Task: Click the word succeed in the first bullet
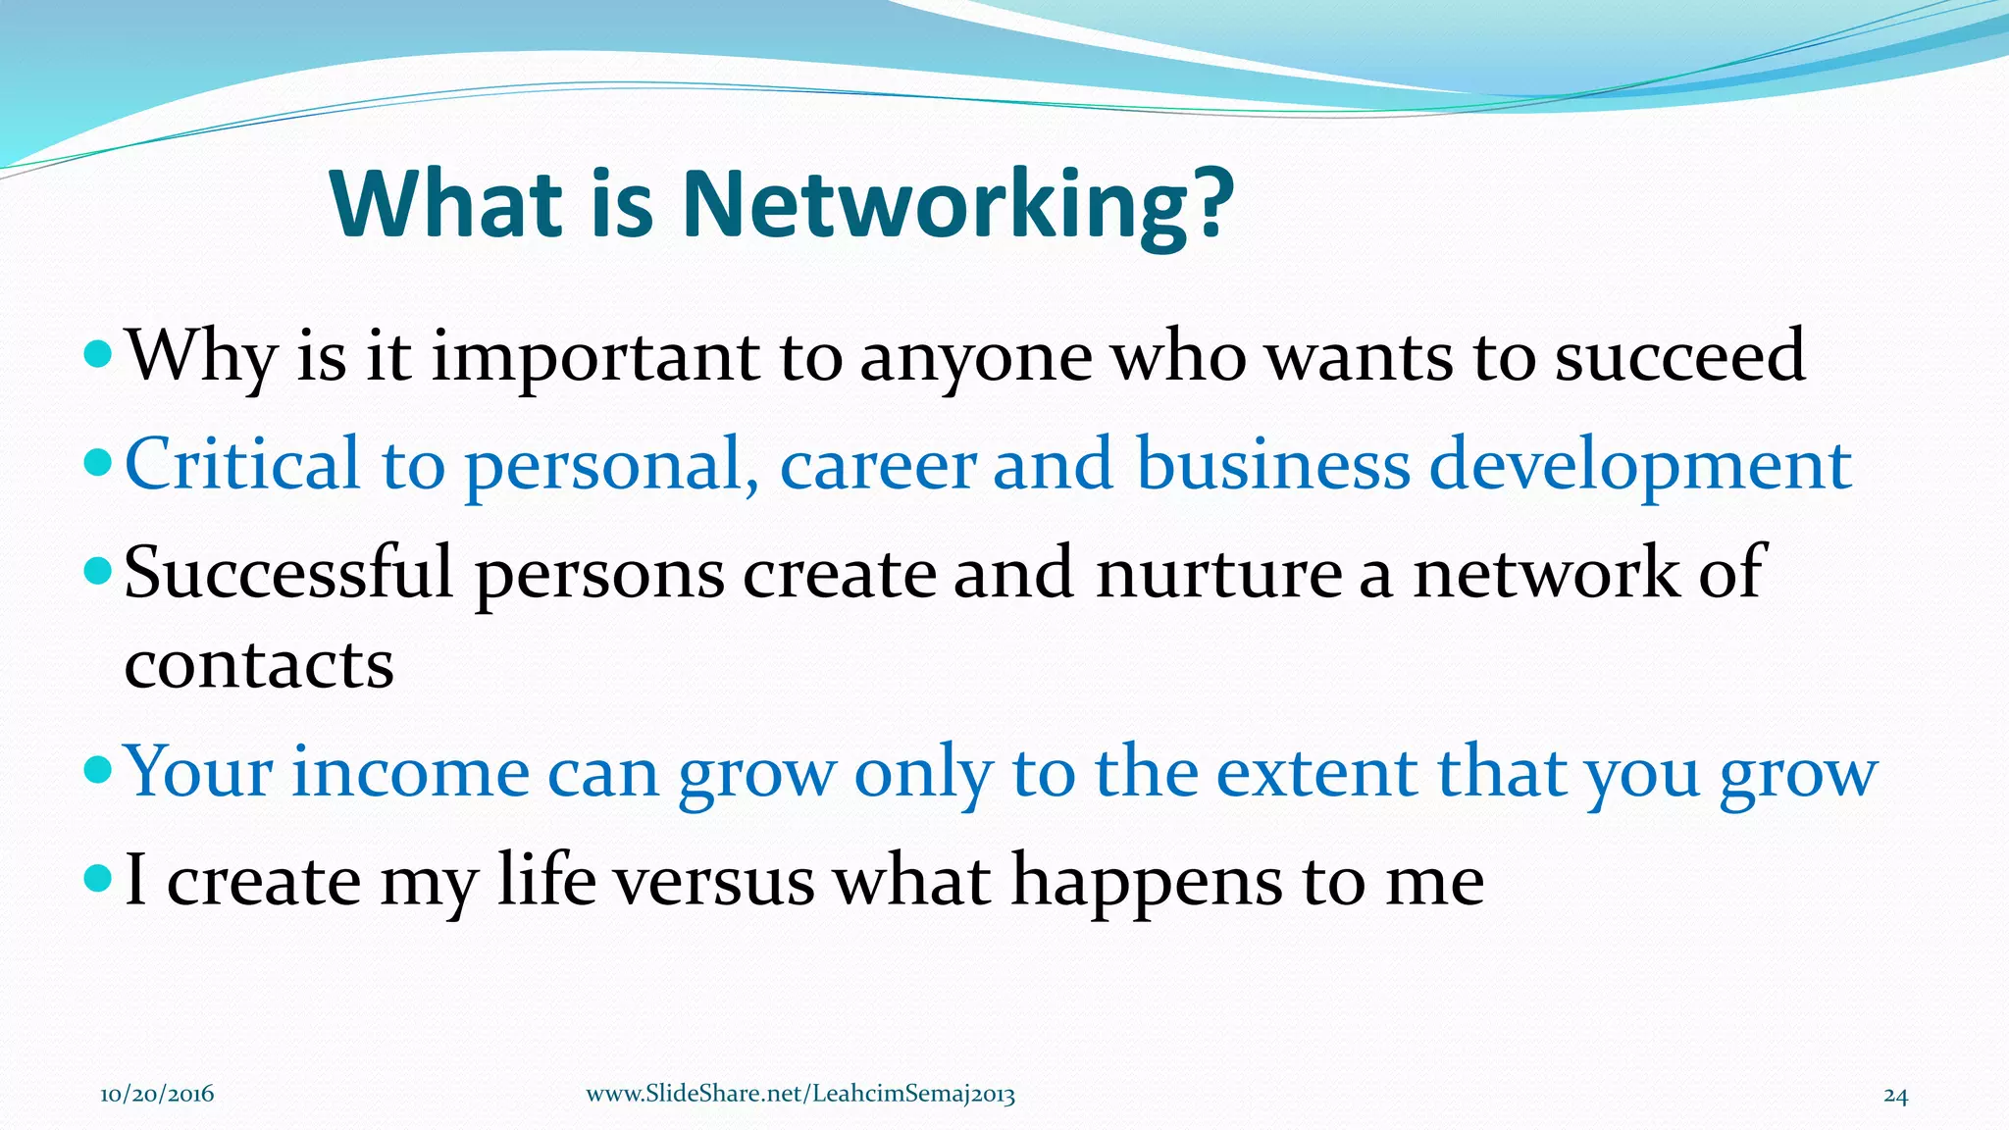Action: (1680, 355)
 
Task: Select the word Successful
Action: (288, 572)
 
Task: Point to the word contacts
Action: (259, 665)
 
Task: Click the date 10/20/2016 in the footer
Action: (157, 1095)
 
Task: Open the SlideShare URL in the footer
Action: (800, 1095)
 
